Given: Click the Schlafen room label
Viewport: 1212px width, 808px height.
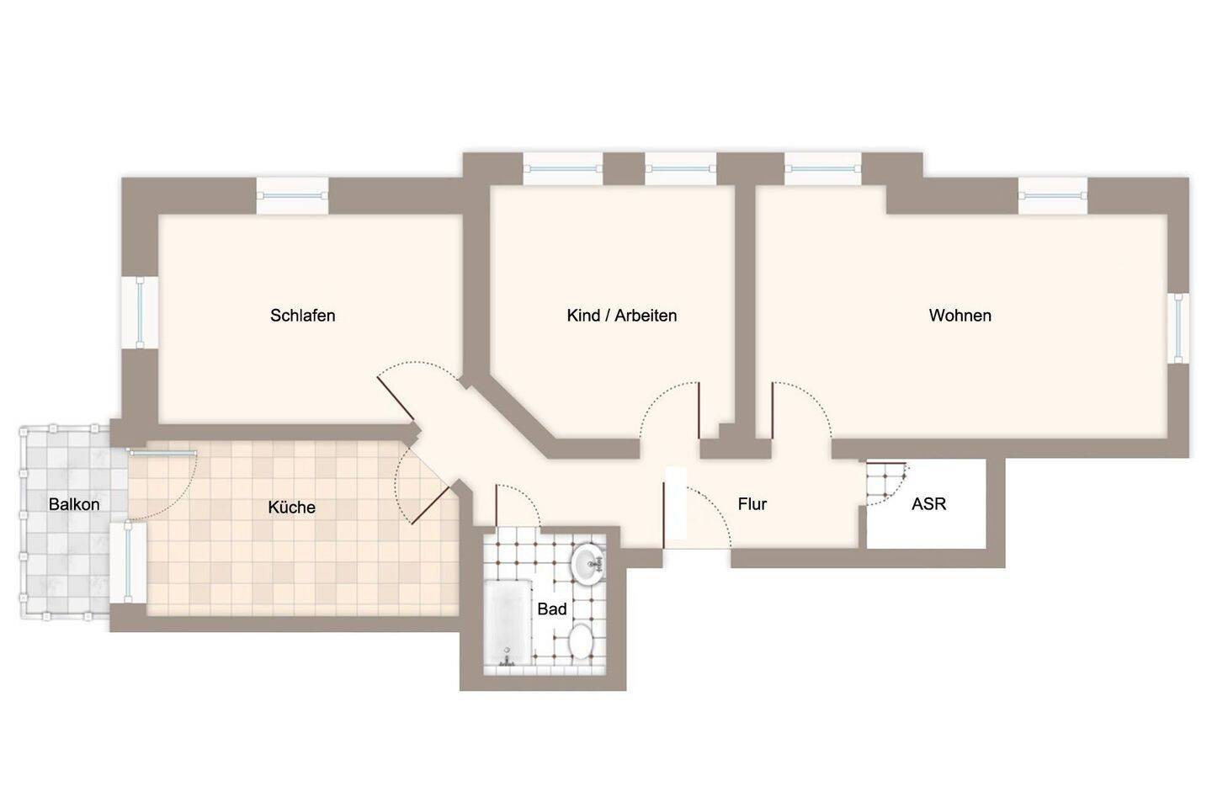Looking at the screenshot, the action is coord(302,316).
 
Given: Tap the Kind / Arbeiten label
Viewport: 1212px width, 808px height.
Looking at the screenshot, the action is coord(622,316).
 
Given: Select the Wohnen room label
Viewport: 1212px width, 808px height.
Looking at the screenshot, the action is coord(959,316).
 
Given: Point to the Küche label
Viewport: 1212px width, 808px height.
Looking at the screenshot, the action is coord(291,507).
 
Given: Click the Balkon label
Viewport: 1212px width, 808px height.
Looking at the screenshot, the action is coord(74,504).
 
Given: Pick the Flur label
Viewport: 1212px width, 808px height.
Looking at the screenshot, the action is coord(752,504).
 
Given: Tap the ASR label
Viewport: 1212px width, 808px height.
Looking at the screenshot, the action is coord(928,504).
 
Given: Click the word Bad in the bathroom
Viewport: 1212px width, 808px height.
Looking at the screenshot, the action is coord(552,609).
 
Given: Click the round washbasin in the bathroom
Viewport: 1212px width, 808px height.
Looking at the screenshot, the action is coord(588,565).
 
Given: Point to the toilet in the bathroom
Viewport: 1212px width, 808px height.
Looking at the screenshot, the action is coord(581,641).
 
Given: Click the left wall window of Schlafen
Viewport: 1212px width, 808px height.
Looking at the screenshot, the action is coord(140,312).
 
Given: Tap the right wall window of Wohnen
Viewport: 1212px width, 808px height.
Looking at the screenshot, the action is coord(1177,328).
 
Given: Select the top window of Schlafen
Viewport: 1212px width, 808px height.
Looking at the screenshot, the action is coord(292,196).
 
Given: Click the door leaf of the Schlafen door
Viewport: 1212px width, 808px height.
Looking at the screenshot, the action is coord(396,398).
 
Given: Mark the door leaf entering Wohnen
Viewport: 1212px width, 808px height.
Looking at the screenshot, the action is coord(773,410).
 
